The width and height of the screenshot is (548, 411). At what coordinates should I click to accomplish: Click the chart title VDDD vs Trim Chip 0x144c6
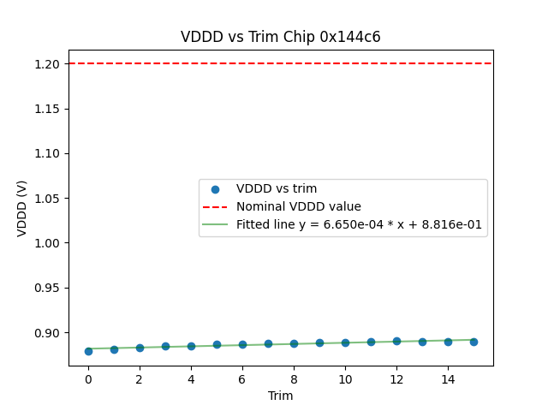coord(280,37)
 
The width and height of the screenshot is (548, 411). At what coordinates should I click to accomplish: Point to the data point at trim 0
coord(88,351)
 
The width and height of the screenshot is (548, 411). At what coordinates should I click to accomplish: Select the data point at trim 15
coord(474,342)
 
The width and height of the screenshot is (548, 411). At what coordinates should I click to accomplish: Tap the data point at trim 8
coord(294,344)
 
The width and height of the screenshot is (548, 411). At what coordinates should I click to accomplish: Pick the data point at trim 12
coord(396,341)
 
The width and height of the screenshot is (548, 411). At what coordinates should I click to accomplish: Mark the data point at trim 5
coord(217,345)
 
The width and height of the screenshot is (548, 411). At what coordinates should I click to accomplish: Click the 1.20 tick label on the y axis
coord(48,64)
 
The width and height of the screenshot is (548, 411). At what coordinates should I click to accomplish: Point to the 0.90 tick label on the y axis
coord(48,333)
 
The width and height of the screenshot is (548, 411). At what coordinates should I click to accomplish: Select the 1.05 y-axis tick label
coord(48,199)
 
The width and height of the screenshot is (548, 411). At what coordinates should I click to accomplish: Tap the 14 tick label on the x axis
coord(448,379)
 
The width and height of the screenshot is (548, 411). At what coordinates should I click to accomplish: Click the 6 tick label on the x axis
coord(242,379)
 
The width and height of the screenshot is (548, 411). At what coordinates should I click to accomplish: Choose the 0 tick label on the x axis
coord(88,379)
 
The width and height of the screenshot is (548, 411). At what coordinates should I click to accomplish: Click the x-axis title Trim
coord(281,396)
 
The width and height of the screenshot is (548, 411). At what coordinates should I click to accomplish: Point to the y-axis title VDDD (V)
coord(23,208)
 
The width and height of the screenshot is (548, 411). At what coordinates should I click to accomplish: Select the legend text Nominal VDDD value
coord(299,207)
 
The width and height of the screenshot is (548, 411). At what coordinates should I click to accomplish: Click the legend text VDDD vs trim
coord(277,189)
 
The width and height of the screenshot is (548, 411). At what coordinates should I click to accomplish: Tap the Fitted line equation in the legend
coord(359,225)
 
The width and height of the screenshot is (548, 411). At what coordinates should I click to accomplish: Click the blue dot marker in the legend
coord(216,189)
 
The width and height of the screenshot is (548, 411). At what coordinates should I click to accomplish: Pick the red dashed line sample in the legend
coord(216,207)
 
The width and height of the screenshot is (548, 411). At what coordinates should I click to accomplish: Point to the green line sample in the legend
coord(216,225)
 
